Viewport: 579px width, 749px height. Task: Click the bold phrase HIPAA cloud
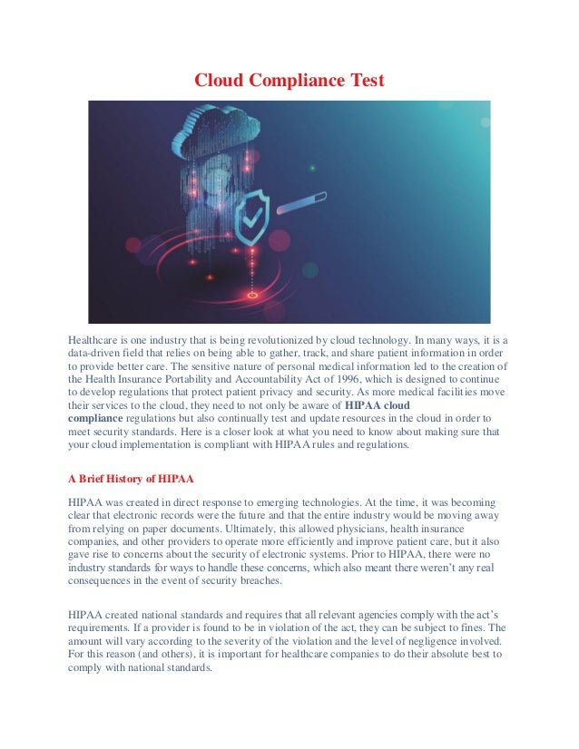378,404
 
